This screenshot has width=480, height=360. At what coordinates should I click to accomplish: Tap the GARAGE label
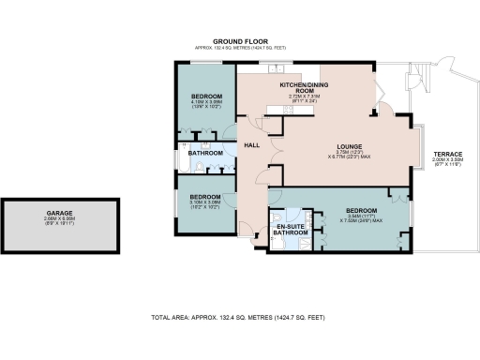60,213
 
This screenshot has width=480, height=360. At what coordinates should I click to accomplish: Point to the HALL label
252,145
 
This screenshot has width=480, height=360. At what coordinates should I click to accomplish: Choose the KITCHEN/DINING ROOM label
300,88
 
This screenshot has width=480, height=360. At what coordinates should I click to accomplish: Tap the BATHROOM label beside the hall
207,153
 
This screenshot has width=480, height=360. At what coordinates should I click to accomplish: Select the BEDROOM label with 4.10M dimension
206,97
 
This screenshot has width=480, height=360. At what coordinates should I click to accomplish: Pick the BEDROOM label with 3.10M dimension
205,197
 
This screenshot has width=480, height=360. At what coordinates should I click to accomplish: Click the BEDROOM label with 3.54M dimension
360,210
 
